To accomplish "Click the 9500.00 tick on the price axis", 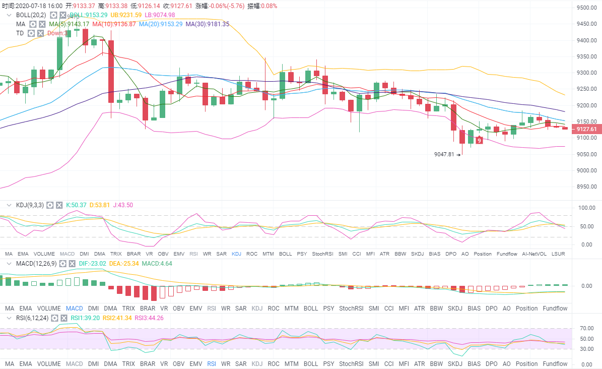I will tap(587, 8).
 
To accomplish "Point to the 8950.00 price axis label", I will tap(587, 187).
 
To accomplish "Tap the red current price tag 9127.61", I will tap(586, 130).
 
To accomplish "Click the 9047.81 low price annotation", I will tap(444, 154).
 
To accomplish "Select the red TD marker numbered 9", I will tap(479, 141).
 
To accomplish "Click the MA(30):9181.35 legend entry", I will tap(207, 24).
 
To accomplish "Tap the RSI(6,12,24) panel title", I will tap(32, 318).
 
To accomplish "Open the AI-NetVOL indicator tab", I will tap(534, 254).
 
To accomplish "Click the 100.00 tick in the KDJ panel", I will tap(587, 208).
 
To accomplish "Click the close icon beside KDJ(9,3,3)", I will tap(59, 205).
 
